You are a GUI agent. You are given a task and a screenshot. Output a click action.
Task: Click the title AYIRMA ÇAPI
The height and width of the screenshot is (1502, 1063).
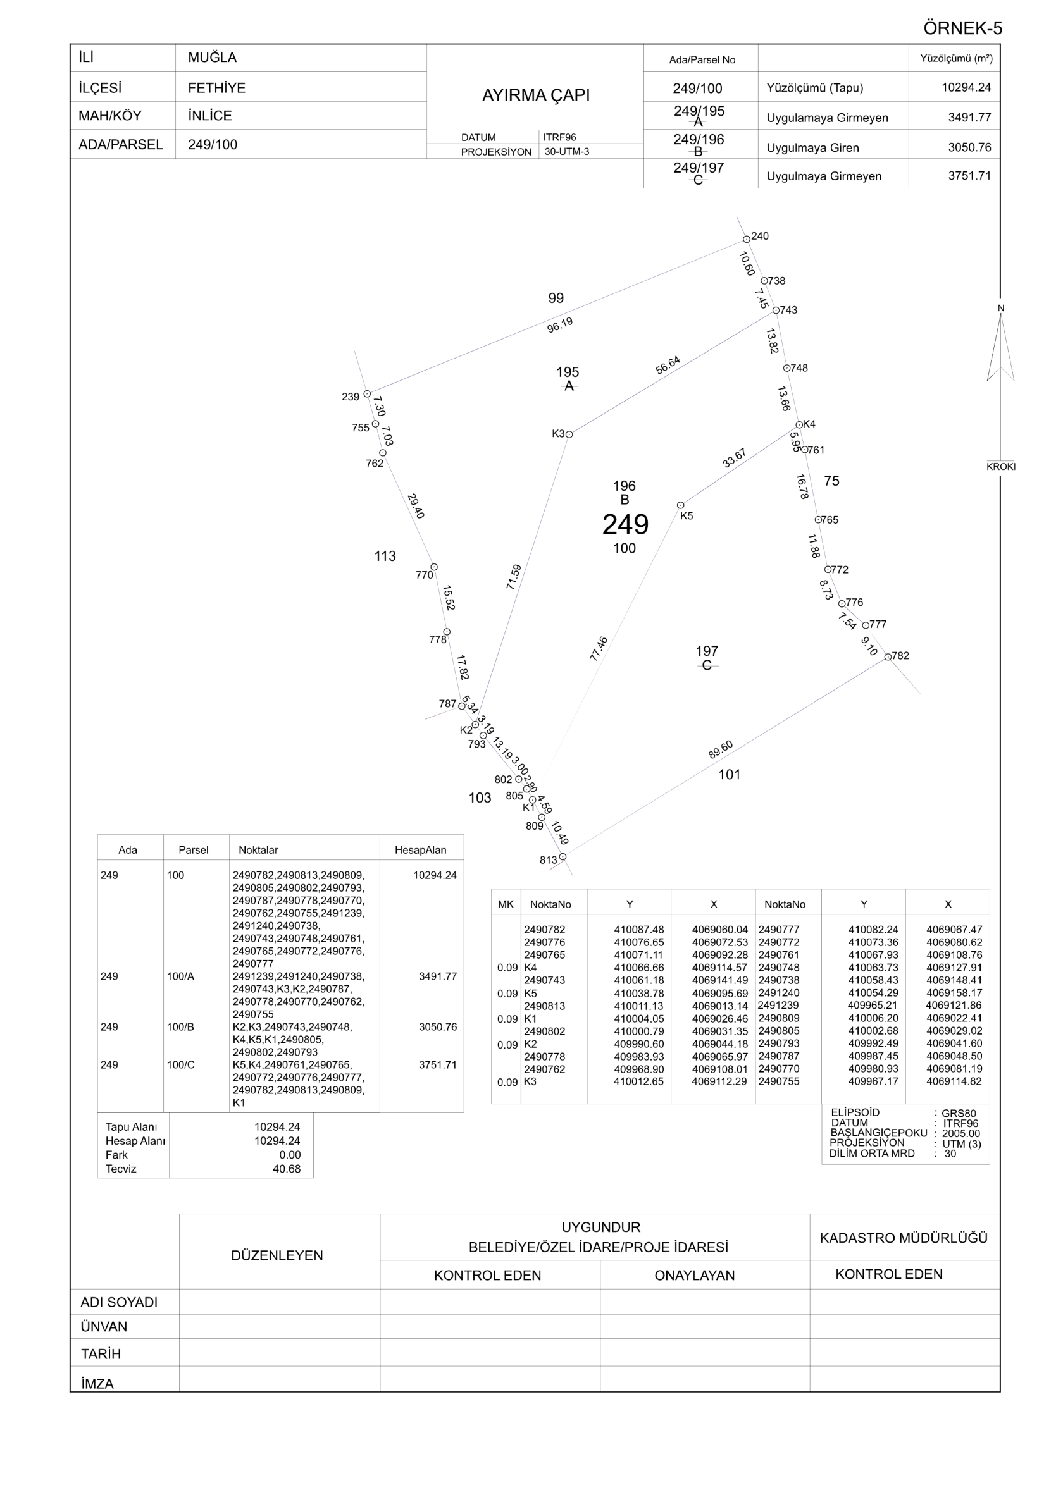[x=535, y=95]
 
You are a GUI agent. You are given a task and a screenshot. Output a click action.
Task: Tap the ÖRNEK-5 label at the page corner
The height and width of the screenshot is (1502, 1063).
[x=962, y=28]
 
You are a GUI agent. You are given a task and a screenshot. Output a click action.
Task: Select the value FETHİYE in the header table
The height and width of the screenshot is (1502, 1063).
[x=216, y=88]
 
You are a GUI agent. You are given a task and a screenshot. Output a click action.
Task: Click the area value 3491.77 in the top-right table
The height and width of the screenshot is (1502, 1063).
[x=969, y=118]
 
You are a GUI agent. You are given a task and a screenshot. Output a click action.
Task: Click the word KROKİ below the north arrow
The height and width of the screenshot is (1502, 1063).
[x=1001, y=467]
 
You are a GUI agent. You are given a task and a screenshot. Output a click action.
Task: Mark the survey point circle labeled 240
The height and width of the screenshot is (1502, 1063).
[x=746, y=240]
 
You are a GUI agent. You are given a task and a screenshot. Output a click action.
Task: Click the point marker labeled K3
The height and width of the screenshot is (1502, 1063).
[x=569, y=434]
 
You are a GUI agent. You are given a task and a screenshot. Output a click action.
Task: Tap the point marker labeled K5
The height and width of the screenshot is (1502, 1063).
[x=681, y=505]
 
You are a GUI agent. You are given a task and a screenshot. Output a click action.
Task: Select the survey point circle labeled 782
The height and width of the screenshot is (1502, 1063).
[x=888, y=657]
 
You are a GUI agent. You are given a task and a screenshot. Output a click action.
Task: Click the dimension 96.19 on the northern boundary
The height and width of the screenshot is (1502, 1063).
[x=559, y=324]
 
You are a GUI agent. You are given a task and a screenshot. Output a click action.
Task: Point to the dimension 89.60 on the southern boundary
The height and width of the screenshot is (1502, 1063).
[x=721, y=749]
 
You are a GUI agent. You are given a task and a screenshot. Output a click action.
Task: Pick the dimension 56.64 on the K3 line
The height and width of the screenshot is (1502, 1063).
[x=668, y=365]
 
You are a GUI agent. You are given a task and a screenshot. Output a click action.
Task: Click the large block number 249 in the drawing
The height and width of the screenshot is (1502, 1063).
[x=625, y=525]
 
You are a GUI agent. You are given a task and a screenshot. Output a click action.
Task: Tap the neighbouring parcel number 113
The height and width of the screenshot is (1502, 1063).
[x=385, y=556]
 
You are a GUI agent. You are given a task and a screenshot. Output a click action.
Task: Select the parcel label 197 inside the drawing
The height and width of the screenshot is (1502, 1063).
[x=707, y=651]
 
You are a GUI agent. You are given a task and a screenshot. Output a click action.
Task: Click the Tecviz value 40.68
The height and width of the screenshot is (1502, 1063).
[x=287, y=1169]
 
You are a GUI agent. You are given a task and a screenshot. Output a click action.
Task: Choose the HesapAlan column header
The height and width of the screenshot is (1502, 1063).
[x=420, y=850]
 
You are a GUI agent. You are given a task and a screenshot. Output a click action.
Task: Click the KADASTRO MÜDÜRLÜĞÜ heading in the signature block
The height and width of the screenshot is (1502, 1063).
[x=904, y=1238]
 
